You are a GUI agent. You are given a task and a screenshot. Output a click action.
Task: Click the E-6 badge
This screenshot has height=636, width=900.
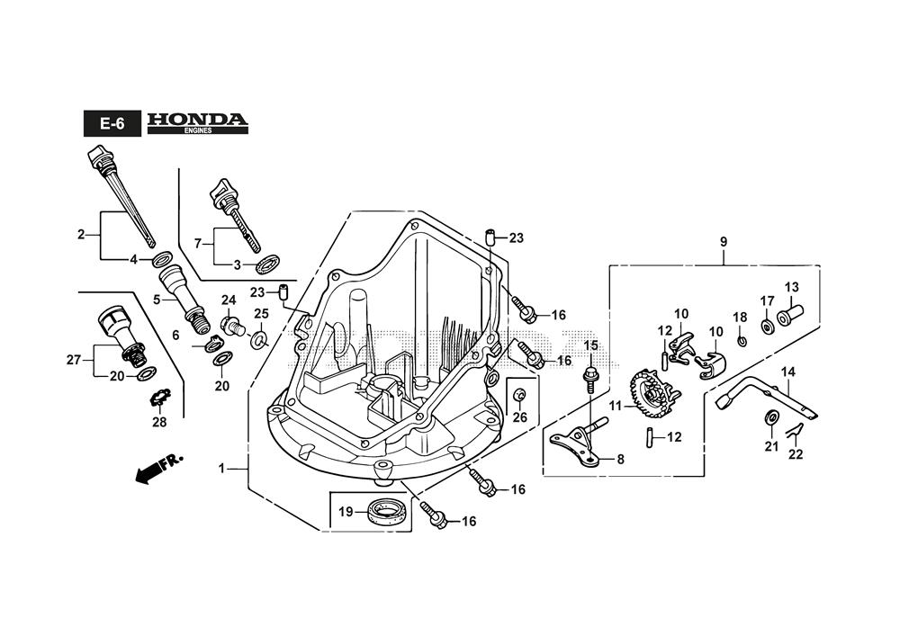pyautogui.click(x=112, y=124)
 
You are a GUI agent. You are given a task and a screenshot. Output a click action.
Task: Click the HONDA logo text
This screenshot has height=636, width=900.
pyautogui.click(x=197, y=120)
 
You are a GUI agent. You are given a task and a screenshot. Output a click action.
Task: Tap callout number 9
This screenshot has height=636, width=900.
pyautogui.click(x=723, y=242)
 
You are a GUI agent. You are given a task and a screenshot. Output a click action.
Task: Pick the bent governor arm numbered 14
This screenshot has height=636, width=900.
pyautogui.click(x=765, y=397)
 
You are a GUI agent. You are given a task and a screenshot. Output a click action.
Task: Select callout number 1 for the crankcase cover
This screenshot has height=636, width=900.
pyautogui.click(x=221, y=468)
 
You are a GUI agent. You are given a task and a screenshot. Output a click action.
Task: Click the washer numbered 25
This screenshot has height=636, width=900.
pyautogui.click(x=259, y=339)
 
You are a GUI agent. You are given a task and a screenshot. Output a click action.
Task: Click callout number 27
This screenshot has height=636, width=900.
pyautogui.click(x=73, y=359)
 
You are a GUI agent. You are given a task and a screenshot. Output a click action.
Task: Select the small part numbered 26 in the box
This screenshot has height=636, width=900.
pyautogui.click(x=520, y=397)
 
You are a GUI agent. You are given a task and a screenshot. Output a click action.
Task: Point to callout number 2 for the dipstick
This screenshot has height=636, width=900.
pyautogui.click(x=81, y=235)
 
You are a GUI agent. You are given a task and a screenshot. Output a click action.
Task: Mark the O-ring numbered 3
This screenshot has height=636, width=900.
pyautogui.click(x=266, y=264)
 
